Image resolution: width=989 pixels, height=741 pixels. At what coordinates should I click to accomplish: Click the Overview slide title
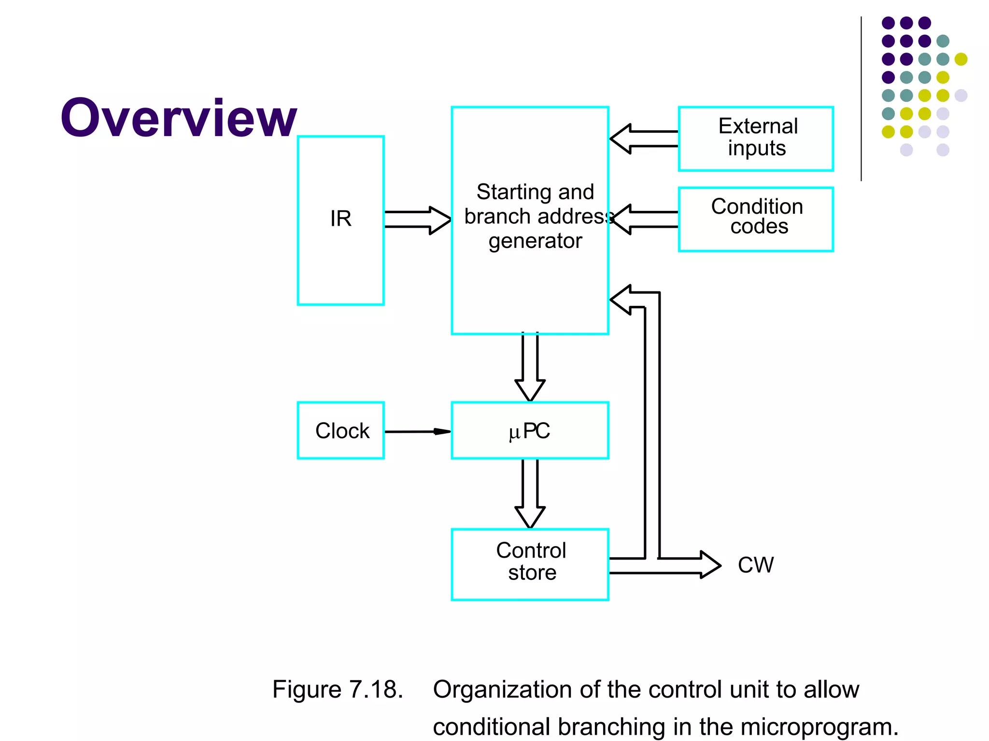pyautogui.click(x=178, y=118)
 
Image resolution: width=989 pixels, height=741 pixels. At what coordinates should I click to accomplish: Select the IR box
pyautogui.click(x=340, y=220)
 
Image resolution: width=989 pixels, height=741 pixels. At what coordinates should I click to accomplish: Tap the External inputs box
pyautogui.click(x=756, y=138)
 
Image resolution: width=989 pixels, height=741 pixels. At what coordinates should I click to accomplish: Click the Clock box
pyautogui.click(x=340, y=430)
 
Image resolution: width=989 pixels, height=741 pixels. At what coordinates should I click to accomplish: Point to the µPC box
pyautogui.click(x=530, y=430)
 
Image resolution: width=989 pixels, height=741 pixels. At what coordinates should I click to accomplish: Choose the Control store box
pyautogui.click(x=530, y=564)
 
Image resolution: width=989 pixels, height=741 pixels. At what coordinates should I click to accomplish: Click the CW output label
pyautogui.click(x=756, y=565)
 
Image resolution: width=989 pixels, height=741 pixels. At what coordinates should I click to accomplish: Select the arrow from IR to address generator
pyautogui.click(x=418, y=220)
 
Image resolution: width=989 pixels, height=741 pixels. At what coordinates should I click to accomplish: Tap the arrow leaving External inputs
pyautogui.click(x=644, y=138)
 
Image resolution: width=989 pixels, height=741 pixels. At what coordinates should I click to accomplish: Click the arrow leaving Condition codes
pyautogui.click(x=644, y=220)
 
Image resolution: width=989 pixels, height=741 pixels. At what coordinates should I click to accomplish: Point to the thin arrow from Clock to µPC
pyautogui.click(x=418, y=431)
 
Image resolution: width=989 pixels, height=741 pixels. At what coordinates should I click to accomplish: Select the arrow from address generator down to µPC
pyautogui.click(x=530, y=367)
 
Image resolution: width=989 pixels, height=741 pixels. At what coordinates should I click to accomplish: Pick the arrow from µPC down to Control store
pyautogui.click(x=530, y=493)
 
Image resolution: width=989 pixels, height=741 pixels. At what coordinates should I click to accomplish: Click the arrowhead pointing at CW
pyautogui.click(x=710, y=565)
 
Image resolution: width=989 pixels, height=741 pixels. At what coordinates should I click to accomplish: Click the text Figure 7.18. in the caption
pyautogui.click(x=338, y=689)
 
